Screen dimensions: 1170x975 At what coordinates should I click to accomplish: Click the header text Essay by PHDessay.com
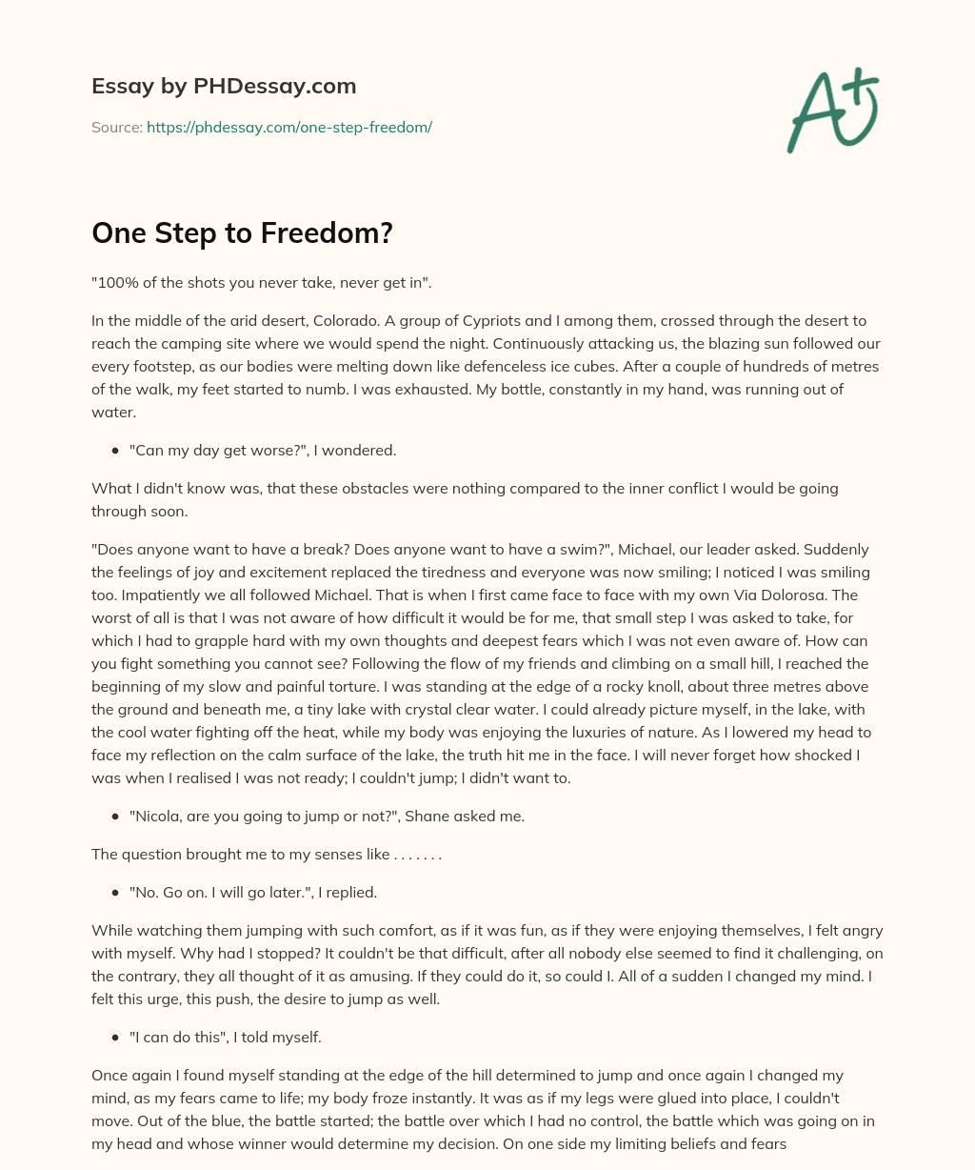[x=224, y=87]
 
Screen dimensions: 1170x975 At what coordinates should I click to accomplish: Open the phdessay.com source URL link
[x=289, y=127]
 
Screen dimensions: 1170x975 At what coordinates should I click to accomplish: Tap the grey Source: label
[x=116, y=127]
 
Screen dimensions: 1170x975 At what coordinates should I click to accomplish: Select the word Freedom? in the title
[x=335, y=233]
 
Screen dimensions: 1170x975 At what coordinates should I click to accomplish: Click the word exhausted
[x=430, y=389]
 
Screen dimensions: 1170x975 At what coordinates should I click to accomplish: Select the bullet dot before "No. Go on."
[x=114, y=893]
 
